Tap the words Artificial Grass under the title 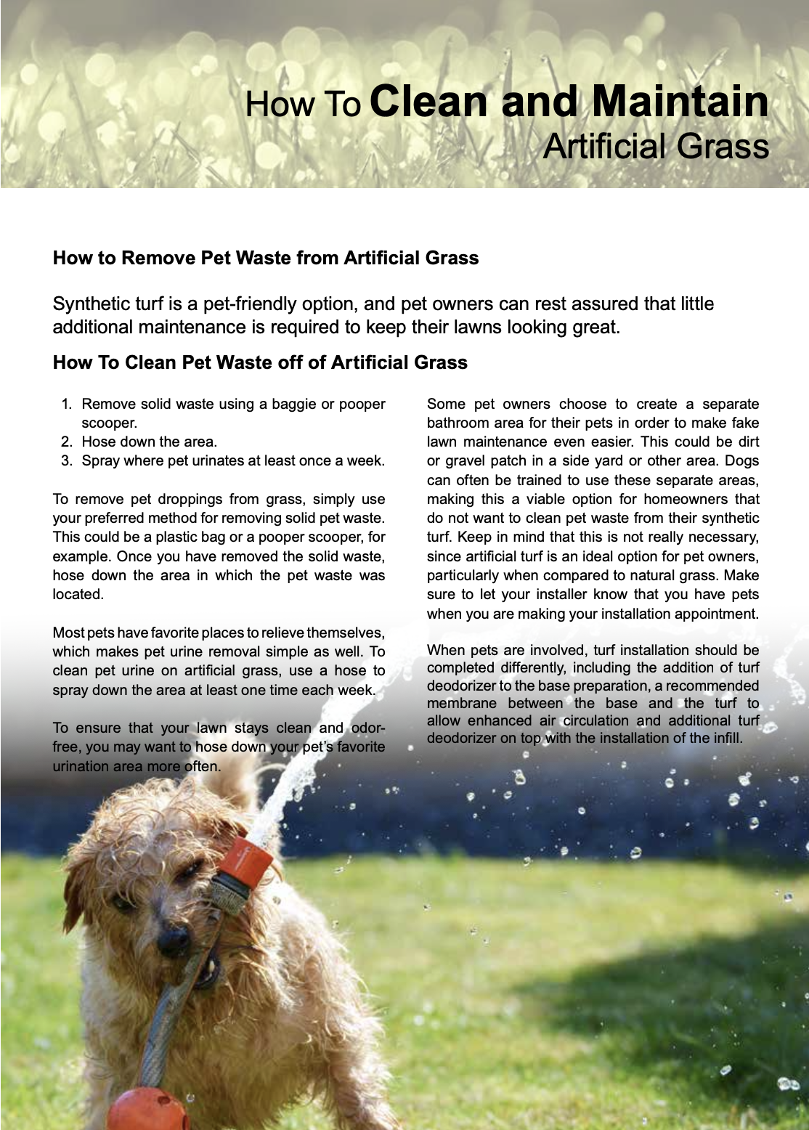pyautogui.click(x=655, y=147)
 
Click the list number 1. pyautogui.click(x=66, y=405)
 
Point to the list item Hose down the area pyautogui.click(x=149, y=442)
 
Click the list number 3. pyautogui.click(x=66, y=461)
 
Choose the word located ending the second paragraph pyautogui.click(x=77, y=595)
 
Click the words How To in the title pyautogui.click(x=302, y=105)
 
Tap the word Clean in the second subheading pyautogui.click(x=150, y=362)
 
